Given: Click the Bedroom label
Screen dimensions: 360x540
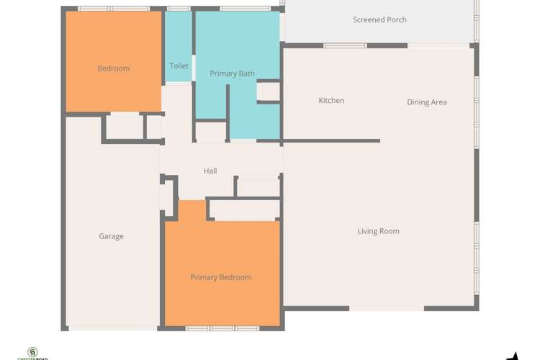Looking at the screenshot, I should [114, 68].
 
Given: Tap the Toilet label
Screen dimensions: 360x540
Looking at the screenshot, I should [179, 66].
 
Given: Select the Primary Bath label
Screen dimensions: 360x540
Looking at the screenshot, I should [232, 73].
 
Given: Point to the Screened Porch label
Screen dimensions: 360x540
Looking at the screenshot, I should [379, 19].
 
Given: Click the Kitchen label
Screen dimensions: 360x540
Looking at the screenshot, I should [331, 101].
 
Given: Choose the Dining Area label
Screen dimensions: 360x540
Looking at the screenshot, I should [427, 102].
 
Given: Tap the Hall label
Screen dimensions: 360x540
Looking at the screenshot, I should [210, 171].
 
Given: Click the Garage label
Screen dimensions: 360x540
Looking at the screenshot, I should [112, 236].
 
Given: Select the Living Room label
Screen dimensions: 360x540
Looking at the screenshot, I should [379, 231].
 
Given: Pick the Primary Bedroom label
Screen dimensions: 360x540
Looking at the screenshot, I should [221, 277].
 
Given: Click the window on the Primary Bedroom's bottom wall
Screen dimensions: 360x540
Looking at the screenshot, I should [222, 328].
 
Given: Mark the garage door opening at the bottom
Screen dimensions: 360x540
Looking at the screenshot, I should [112, 328].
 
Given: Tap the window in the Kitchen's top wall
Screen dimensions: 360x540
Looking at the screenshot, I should [346, 45].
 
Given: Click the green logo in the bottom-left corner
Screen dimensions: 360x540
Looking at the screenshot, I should [32, 353].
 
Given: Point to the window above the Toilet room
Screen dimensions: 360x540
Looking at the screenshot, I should [179, 9].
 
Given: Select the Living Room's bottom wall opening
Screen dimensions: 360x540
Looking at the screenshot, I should [387, 309].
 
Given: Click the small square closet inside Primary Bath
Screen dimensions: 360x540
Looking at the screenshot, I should [268, 91].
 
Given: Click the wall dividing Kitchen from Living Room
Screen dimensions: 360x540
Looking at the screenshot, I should [331, 140].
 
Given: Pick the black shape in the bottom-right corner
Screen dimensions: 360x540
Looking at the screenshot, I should [513, 356].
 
